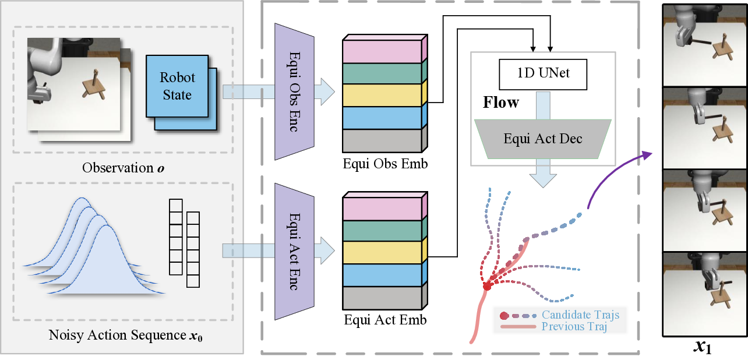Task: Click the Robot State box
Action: coord(177,86)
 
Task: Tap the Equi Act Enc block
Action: coord(294,251)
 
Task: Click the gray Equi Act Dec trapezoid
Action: coord(542,139)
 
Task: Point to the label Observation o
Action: coord(123,168)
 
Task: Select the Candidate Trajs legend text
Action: coord(580,315)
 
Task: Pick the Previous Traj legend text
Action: coord(574,327)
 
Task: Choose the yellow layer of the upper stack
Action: coord(382,95)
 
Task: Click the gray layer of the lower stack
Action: coord(382,297)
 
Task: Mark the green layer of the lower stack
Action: coord(382,231)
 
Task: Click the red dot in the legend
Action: coord(504,316)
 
